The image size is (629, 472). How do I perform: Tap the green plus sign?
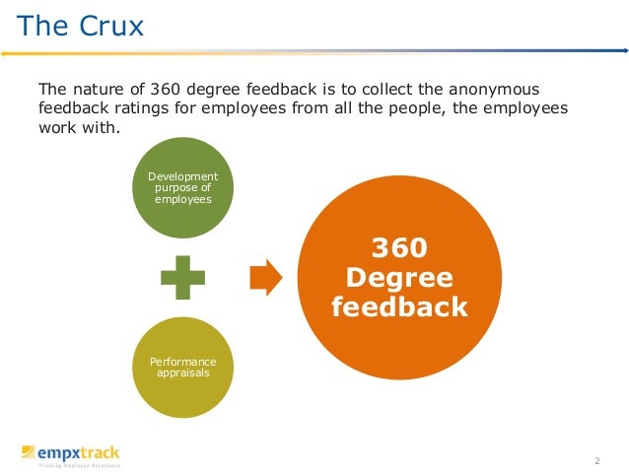click(183, 278)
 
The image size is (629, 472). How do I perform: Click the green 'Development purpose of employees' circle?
click(182, 188)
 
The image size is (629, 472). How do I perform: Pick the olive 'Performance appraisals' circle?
click(182, 368)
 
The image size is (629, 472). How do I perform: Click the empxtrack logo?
click(71, 453)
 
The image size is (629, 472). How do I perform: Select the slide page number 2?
click(597, 461)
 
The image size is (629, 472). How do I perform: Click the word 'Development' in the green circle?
click(182, 176)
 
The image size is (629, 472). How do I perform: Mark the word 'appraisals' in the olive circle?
click(182, 373)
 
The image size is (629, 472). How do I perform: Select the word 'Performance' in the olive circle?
click(182, 363)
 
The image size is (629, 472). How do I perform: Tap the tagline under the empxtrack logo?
click(79, 465)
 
